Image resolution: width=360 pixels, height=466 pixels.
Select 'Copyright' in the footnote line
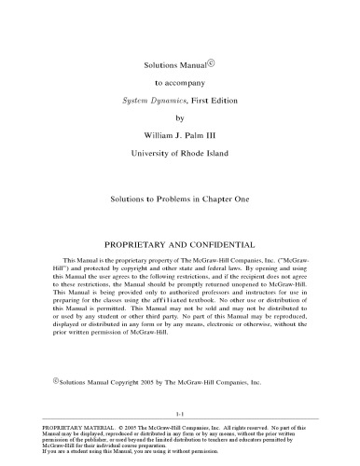tap(133, 383)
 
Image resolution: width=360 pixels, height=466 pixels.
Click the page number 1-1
tap(180, 413)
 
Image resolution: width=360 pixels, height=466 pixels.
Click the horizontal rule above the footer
tap(180, 419)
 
